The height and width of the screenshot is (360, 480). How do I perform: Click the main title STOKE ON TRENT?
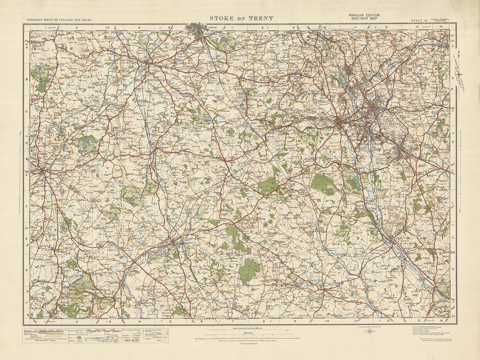(x=241, y=18)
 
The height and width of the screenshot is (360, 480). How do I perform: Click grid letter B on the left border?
(x=26, y=79)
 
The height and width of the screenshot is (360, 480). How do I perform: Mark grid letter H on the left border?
(x=26, y=269)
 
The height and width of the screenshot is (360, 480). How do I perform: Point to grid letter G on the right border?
(x=453, y=237)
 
